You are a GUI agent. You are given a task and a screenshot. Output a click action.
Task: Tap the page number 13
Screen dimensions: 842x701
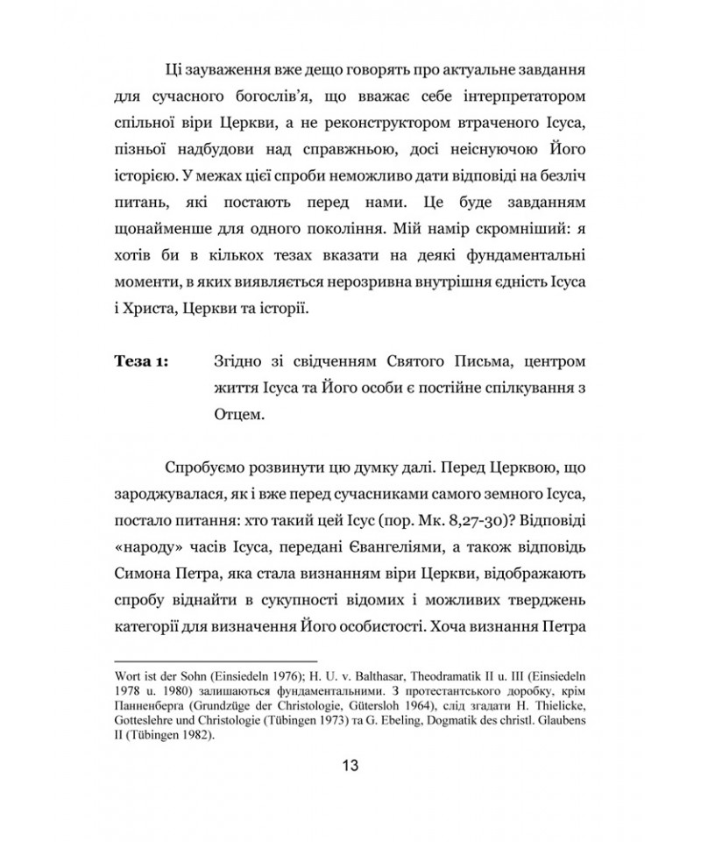coord(350,765)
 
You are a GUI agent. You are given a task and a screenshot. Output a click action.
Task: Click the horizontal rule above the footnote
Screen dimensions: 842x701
coord(216,660)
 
